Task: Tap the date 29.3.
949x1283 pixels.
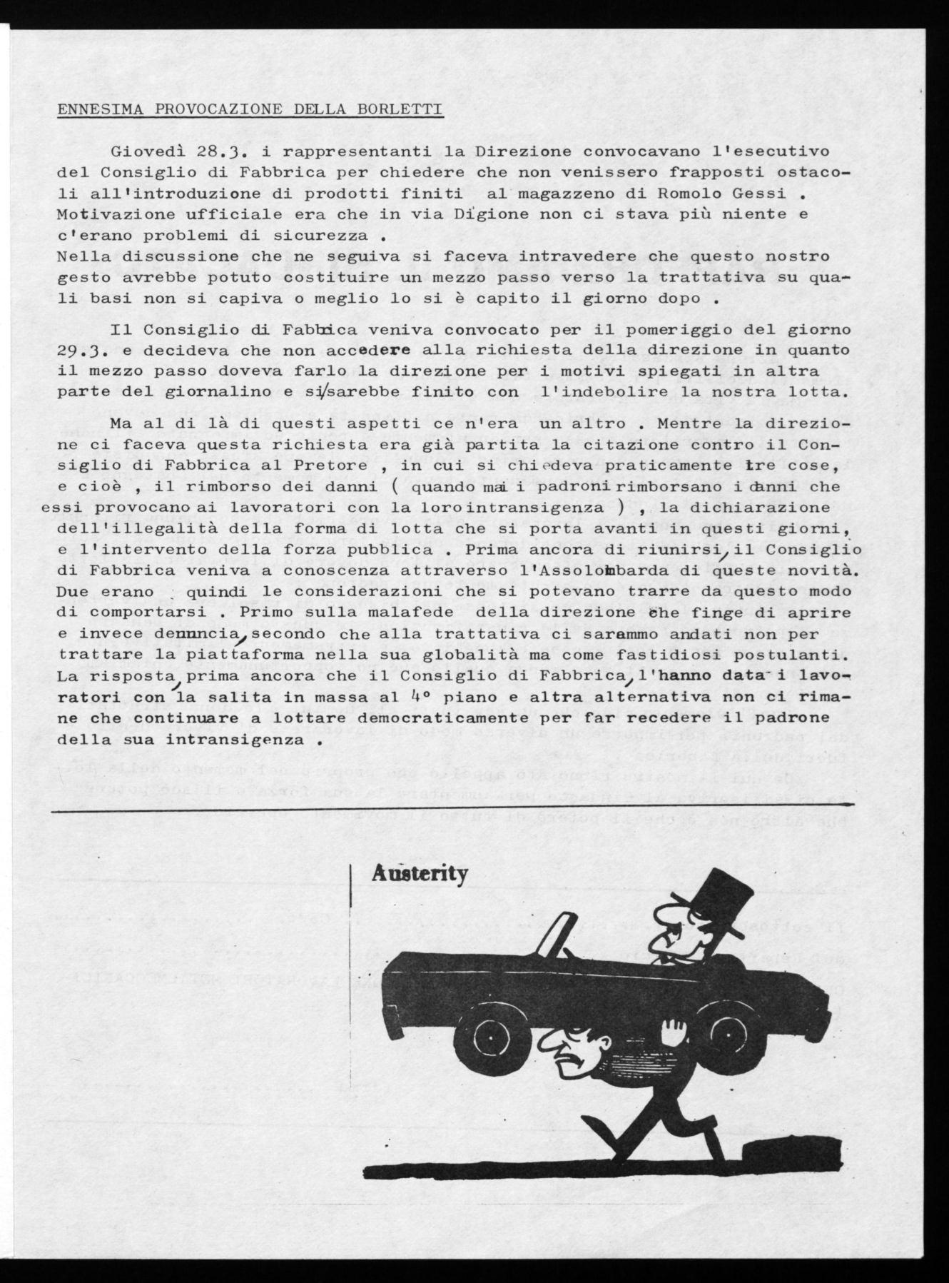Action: coord(81,351)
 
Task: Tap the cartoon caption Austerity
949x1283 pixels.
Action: coord(420,874)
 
